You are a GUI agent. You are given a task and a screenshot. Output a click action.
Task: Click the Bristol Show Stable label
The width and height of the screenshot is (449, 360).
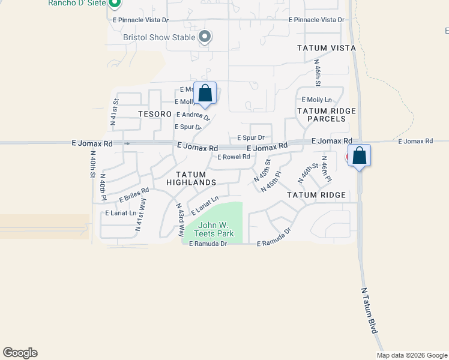click(159, 37)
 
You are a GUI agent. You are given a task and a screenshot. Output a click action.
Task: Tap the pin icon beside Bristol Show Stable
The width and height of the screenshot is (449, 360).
click(205, 37)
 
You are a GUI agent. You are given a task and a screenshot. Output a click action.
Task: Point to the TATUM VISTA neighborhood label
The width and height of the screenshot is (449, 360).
click(327, 48)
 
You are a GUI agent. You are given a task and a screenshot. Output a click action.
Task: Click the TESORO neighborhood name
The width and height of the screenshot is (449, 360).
click(151, 113)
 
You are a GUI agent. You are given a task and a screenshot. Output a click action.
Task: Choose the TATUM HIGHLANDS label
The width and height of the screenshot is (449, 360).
click(191, 178)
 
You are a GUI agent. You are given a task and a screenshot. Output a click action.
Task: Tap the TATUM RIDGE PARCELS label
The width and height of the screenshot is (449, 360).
click(327, 115)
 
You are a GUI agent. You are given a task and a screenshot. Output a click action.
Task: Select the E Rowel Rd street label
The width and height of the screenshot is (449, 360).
click(234, 157)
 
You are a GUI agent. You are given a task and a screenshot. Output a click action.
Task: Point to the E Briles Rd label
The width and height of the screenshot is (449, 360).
click(134, 194)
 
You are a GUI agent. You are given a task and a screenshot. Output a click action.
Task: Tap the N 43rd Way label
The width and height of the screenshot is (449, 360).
click(180, 215)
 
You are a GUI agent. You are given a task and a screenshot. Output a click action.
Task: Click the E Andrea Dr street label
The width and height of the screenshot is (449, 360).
click(193, 115)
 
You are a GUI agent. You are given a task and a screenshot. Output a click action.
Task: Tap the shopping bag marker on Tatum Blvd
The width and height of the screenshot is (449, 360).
click(359, 155)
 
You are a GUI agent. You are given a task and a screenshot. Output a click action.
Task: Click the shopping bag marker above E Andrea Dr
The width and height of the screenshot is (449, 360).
click(205, 93)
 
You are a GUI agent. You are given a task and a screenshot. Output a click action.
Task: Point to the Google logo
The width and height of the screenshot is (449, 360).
click(20, 353)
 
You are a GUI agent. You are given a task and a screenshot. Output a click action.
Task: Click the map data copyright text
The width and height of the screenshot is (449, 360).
click(411, 355)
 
